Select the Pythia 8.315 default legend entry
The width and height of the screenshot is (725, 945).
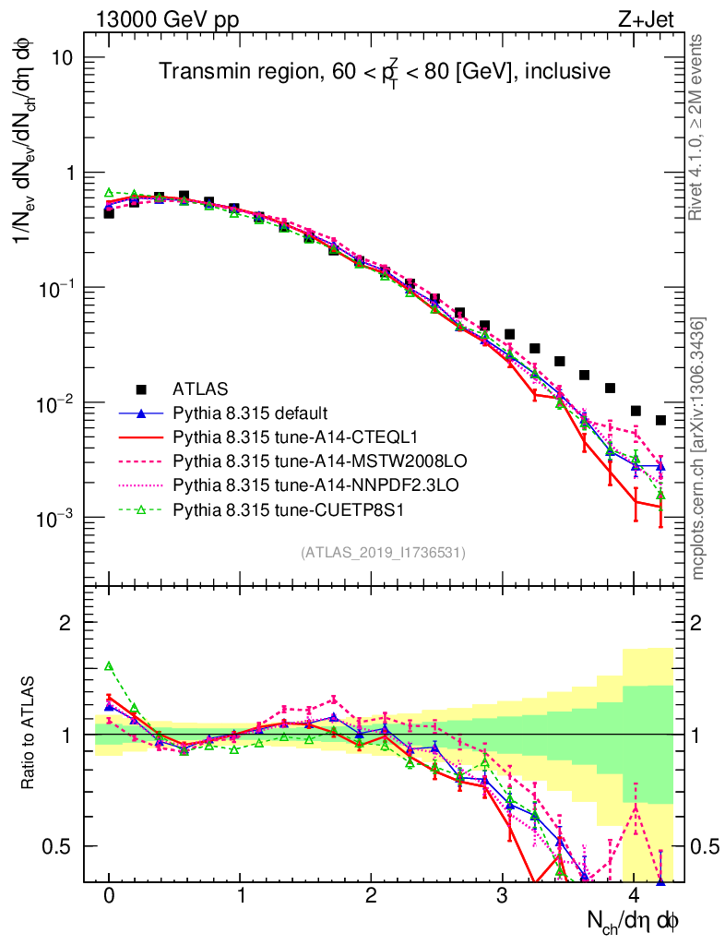[252, 412]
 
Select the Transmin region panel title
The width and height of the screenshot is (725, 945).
[384, 71]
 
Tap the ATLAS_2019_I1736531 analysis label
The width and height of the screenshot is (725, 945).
[383, 553]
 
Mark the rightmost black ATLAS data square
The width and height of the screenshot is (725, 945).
[660, 420]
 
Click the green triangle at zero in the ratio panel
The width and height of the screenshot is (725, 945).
[109, 665]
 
